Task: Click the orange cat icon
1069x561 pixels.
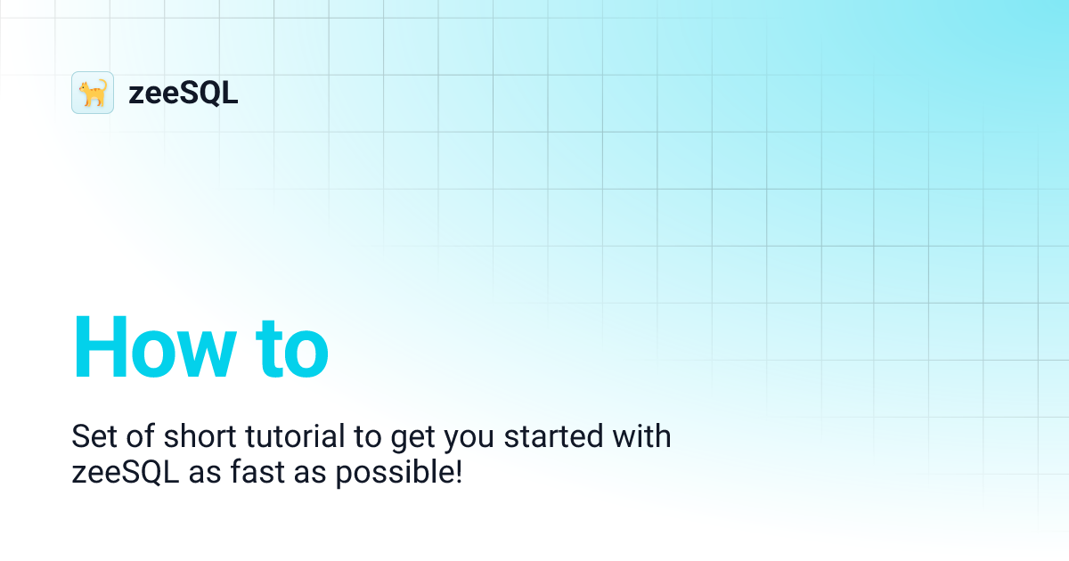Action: tap(93, 93)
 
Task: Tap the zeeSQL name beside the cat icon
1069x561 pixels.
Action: tap(184, 93)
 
